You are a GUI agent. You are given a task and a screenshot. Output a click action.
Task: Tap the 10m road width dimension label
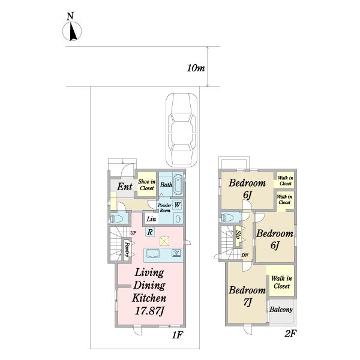point(196,68)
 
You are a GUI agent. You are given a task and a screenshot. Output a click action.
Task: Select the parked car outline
point(182,130)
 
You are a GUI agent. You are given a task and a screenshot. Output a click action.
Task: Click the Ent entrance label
point(124,187)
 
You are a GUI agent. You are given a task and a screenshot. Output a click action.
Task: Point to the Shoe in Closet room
point(147,184)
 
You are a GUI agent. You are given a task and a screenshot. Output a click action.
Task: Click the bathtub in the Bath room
point(178,185)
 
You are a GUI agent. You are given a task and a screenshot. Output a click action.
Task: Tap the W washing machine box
point(177,205)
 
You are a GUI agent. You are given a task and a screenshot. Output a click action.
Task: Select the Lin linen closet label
point(151,219)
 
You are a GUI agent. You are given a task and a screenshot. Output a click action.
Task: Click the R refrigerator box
point(150,232)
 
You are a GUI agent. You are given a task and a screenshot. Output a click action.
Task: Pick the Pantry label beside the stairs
point(127,250)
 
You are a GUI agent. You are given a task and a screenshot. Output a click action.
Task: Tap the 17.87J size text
point(149,311)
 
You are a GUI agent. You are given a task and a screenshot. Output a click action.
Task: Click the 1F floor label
point(177,335)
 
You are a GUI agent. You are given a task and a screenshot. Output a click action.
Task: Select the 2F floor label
point(290,334)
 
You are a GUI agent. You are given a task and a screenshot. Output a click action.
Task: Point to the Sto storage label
point(238,236)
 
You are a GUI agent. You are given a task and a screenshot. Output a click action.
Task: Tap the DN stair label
point(245,255)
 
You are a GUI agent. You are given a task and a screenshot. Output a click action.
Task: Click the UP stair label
point(133,233)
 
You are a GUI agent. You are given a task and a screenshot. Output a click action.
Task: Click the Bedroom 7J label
point(247,296)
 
